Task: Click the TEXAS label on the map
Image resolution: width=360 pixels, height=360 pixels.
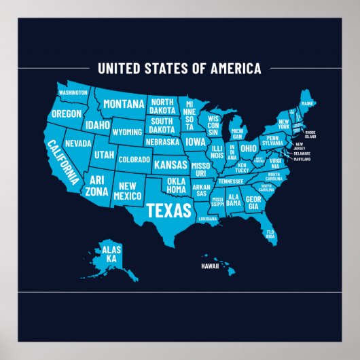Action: (x=169, y=209)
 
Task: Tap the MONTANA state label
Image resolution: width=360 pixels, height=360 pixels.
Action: (x=124, y=104)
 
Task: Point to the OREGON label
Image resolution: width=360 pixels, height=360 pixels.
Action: (x=66, y=113)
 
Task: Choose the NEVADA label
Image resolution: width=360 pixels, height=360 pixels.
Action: (x=78, y=143)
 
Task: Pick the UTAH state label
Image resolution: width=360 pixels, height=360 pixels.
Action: (x=104, y=155)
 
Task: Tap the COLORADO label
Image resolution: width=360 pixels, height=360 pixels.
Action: (x=134, y=160)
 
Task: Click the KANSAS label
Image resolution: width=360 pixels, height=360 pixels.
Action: (x=170, y=164)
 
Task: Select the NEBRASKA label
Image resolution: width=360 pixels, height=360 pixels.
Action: (x=162, y=143)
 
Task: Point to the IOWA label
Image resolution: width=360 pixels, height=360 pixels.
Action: (x=196, y=143)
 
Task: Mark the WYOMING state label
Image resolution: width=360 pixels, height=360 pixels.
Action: (x=126, y=132)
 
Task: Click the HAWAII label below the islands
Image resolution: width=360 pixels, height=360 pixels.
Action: (x=211, y=266)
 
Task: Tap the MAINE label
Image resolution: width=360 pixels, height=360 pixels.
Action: (x=308, y=104)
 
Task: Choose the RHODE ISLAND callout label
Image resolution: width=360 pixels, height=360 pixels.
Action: (x=309, y=134)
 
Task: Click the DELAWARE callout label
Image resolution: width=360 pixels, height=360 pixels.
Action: (x=302, y=154)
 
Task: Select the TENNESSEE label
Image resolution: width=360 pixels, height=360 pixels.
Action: (x=231, y=181)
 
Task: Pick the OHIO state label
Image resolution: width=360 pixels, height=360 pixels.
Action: (x=249, y=148)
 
